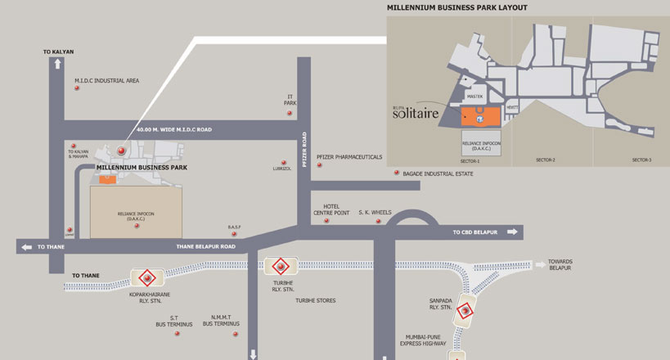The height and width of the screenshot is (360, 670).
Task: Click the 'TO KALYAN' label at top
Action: [58, 52]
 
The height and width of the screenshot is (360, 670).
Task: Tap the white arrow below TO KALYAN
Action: [57, 64]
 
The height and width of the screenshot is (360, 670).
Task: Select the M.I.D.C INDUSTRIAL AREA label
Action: [106, 80]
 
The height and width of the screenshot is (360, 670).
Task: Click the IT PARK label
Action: [290, 100]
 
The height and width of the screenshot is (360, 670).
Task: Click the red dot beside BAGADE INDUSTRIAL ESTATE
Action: [397, 173]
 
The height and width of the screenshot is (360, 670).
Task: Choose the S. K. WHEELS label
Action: [375, 212]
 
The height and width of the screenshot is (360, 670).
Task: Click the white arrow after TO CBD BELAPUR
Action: [513, 232]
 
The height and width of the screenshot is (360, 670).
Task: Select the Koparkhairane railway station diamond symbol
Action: [148, 277]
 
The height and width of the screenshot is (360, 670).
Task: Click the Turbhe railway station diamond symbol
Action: [279, 265]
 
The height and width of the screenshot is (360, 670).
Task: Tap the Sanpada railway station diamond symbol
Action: [464, 310]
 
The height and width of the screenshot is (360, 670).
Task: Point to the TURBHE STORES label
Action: [316, 300]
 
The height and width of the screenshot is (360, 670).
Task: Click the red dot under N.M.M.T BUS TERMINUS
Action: [236, 334]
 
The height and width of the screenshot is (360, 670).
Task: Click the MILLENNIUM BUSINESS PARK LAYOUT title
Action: [456, 7]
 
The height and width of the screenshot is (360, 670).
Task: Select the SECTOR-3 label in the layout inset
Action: [641, 160]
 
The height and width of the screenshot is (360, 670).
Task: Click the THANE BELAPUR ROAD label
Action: [205, 245]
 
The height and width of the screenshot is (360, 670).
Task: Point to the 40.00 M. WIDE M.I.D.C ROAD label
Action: [174, 129]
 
